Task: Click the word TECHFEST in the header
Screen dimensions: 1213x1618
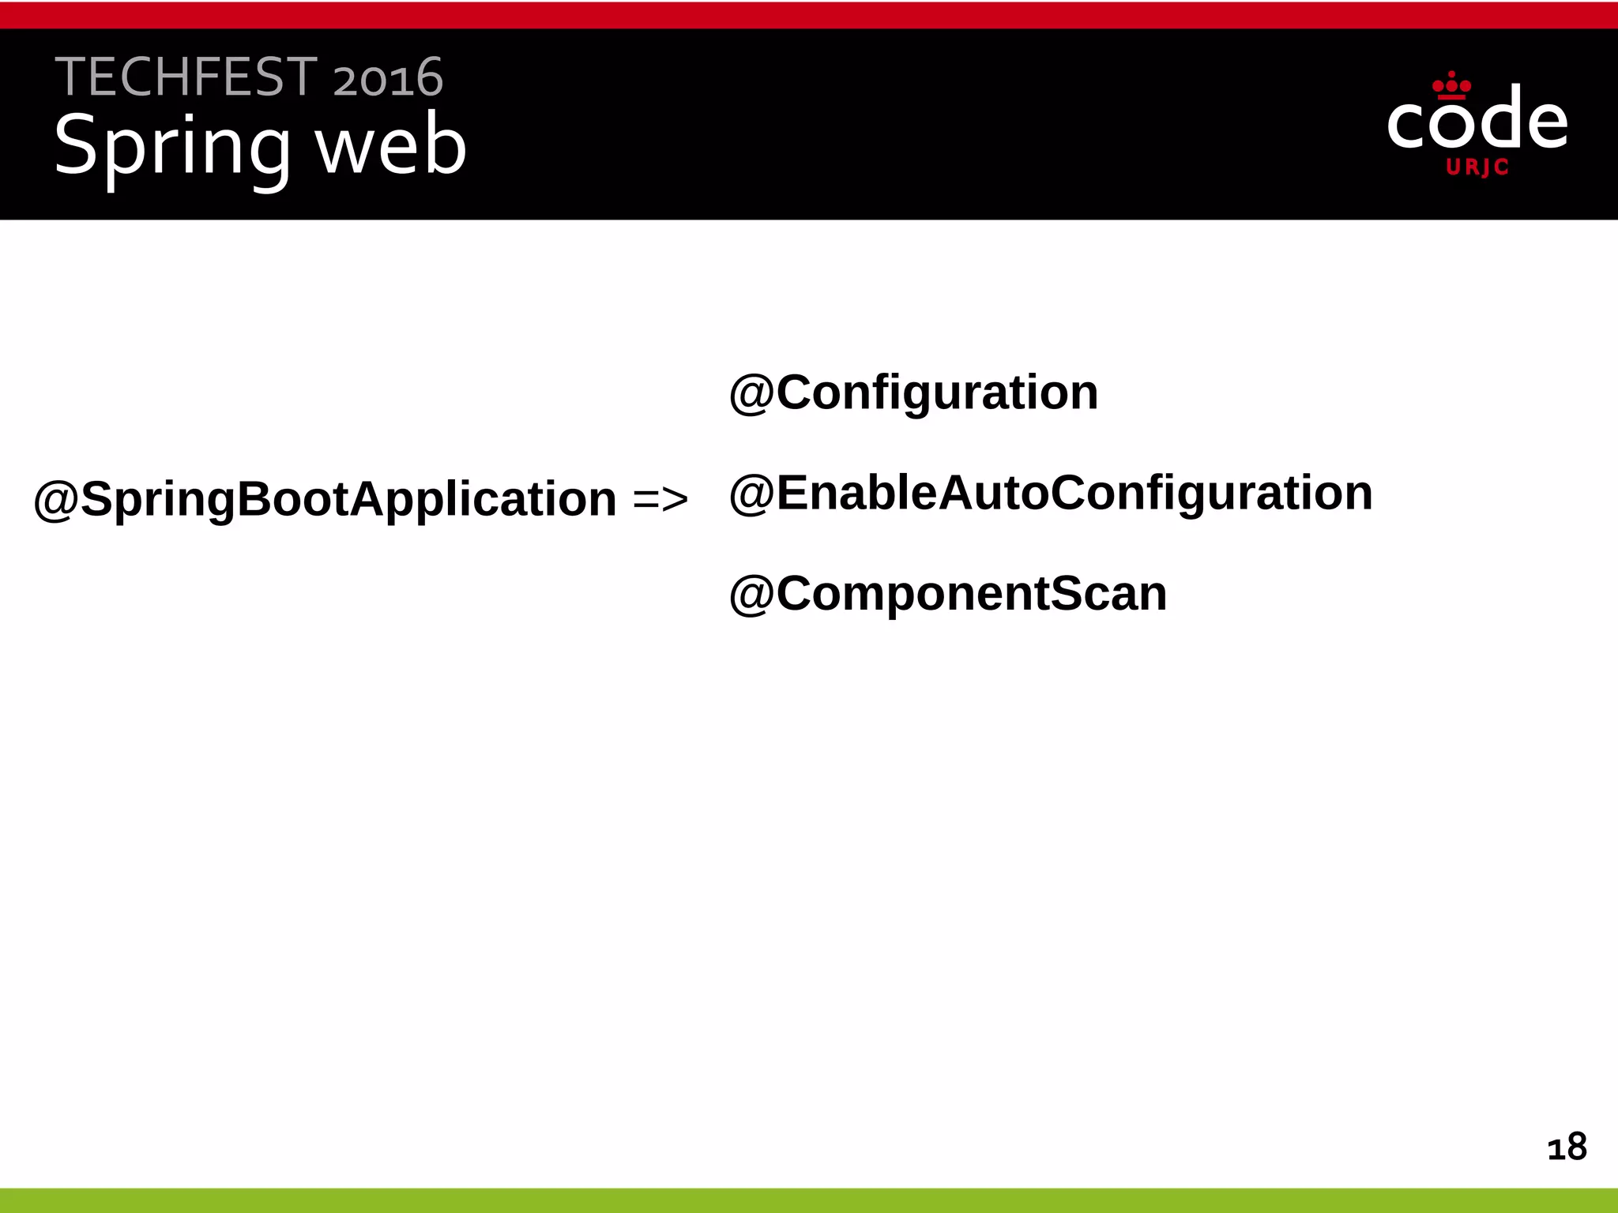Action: (x=186, y=77)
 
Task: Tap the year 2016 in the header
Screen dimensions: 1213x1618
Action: (x=388, y=78)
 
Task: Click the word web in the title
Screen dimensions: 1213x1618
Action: (x=391, y=146)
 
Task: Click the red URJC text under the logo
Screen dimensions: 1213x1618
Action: (x=1477, y=167)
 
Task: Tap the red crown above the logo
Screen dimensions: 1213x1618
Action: (x=1451, y=84)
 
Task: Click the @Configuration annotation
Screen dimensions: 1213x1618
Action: (x=913, y=392)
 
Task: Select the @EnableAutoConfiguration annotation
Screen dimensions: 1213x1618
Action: (x=1051, y=494)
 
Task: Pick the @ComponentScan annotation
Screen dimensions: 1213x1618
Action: (x=947, y=594)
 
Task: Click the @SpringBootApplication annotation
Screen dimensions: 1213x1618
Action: (x=325, y=499)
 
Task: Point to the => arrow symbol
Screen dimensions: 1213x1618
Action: (x=660, y=500)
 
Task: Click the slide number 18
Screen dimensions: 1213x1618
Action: (x=1567, y=1147)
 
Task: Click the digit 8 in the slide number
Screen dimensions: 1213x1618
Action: (x=1576, y=1147)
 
